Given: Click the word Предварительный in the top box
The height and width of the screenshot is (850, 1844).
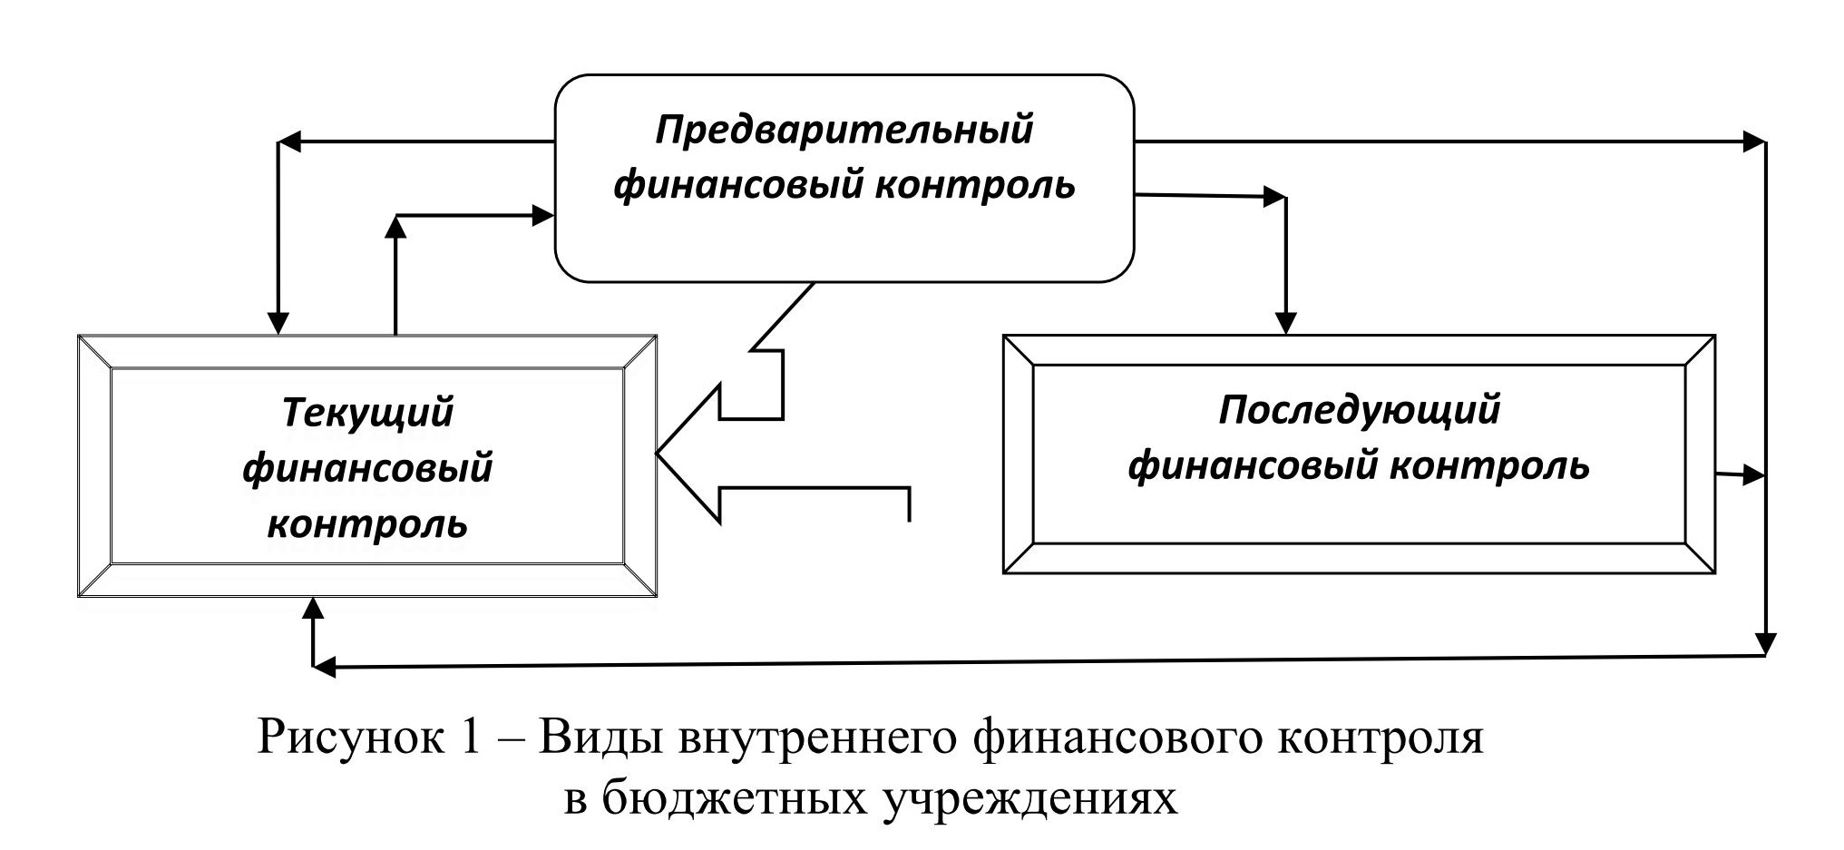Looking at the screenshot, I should pos(844,131).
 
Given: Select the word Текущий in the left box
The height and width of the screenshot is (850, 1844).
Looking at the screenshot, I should pos(367,413).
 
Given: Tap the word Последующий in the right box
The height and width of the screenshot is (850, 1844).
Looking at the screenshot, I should pos(1359,410).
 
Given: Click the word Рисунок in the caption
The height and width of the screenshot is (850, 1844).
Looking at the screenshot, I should pos(347,738).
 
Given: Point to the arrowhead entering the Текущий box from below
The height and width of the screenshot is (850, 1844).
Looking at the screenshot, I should pos(314,607).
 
